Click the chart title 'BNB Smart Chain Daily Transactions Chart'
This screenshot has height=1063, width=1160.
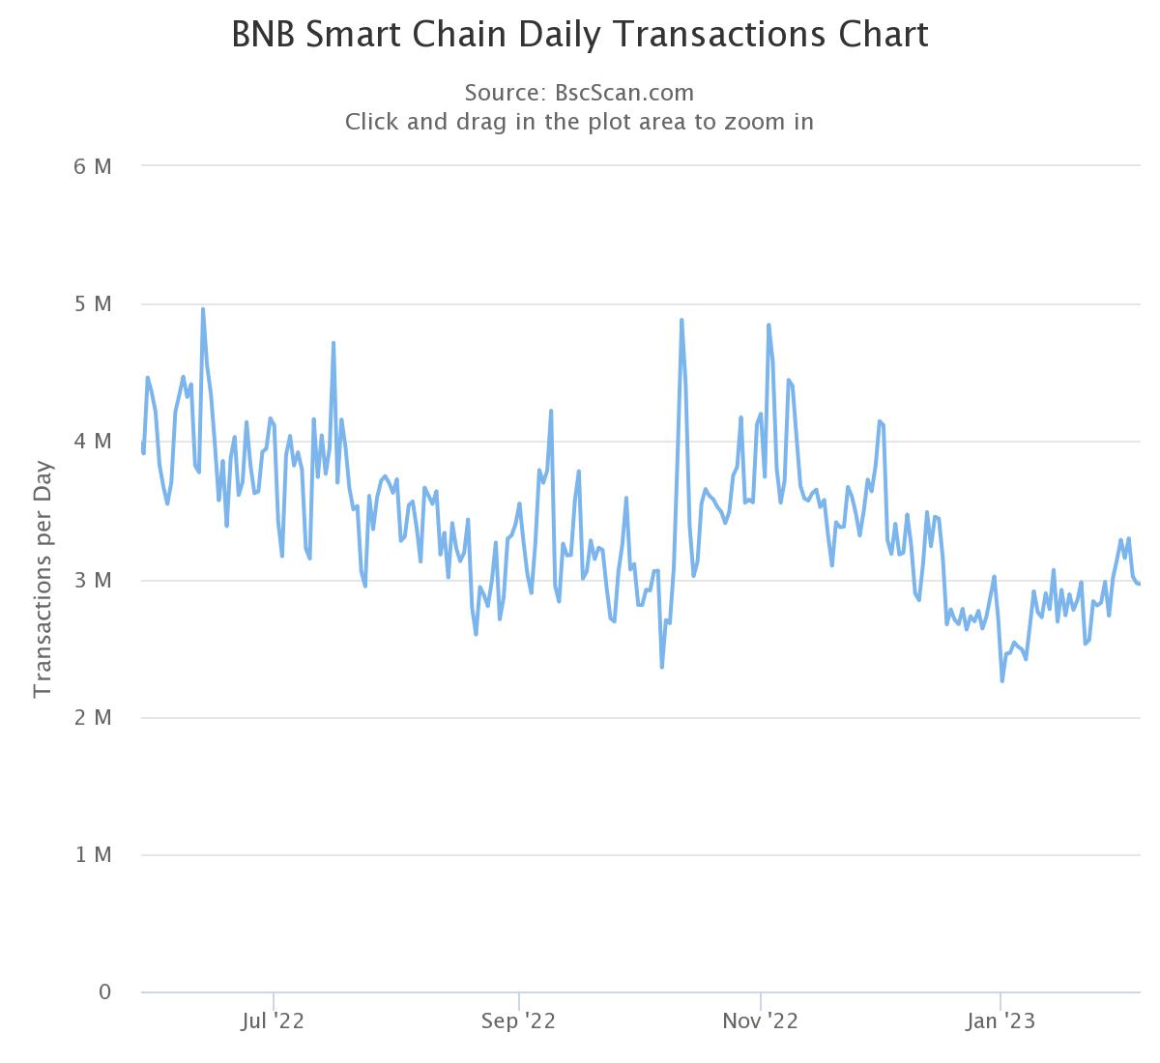point(580,35)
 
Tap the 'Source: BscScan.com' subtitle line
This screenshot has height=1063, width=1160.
point(579,93)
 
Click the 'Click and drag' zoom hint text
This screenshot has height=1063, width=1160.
point(579,122)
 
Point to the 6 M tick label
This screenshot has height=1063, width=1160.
point(93,166)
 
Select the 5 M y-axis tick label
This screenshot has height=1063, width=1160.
point(93,304)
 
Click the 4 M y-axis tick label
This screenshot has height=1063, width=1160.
point(93,442)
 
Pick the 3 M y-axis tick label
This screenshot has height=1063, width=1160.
point(93,580)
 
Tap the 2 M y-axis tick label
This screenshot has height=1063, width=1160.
point(93,717)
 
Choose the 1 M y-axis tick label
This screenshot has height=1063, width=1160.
point(93,855)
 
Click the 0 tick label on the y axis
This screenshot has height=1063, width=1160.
point(105,992)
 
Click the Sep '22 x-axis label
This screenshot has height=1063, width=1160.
point(519,1021)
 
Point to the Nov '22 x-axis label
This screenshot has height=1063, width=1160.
point(762,1021)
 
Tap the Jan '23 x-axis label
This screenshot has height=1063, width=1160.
point(1001,1021)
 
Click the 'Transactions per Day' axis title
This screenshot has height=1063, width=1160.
point(43,580)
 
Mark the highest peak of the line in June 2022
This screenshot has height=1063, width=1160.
point(203,309)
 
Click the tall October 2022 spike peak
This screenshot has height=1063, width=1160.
point(681,320)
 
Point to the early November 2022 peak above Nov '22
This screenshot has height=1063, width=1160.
point(768,325)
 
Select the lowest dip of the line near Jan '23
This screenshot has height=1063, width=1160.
point(1002,681)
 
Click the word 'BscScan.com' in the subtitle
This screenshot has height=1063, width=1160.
point(624,93)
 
